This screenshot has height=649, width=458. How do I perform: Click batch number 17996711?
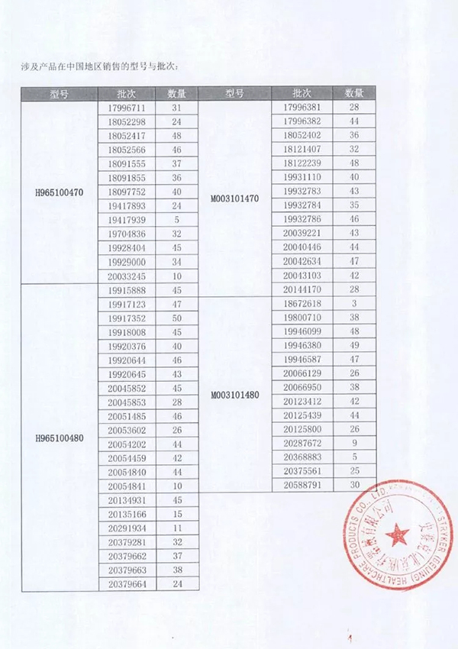127,108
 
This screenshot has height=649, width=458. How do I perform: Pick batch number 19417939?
127,221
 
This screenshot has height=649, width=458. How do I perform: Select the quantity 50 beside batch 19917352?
177,318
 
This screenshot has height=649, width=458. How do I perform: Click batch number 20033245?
127,276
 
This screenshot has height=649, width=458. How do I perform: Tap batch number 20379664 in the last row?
127,584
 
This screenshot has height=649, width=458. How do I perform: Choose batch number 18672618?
302,304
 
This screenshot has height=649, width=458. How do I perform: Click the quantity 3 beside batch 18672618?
354,304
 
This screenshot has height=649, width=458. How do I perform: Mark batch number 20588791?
302,484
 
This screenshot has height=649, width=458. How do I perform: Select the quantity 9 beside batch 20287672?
354,443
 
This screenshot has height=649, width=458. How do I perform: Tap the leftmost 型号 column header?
59,93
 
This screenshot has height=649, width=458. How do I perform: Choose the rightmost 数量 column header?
354,93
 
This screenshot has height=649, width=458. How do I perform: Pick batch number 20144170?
302,289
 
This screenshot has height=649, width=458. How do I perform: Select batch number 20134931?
127,500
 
